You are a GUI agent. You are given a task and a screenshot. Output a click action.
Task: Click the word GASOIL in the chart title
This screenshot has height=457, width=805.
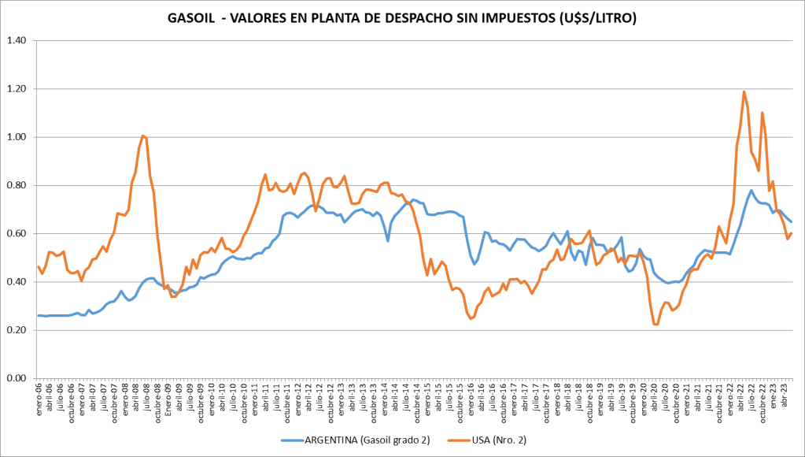click(194, 17)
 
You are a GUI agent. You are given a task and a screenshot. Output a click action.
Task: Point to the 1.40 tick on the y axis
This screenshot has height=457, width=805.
click(17, 40)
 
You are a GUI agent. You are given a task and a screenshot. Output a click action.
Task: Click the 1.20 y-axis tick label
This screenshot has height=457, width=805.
click(17, 89)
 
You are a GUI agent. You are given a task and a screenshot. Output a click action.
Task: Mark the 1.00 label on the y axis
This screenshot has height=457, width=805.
click(17, 137)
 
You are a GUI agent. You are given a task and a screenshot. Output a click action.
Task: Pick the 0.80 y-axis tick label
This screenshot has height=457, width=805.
click(17, 186)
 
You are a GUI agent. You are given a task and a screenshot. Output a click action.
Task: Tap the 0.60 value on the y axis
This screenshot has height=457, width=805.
click(17, 234)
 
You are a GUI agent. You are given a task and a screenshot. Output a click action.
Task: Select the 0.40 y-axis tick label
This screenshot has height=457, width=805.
click(17, 282)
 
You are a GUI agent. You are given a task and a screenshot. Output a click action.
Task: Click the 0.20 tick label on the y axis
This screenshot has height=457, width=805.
click(17, 330)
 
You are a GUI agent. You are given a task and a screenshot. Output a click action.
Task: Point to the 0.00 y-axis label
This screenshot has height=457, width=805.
click(17, 378)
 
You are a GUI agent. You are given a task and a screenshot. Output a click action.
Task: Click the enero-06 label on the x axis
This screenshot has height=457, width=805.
click(39, 398)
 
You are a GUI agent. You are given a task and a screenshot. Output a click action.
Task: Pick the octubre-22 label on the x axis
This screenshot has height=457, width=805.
click(761, 399)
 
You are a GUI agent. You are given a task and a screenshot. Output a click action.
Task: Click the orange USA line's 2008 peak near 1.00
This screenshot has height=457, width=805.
click(142, 136)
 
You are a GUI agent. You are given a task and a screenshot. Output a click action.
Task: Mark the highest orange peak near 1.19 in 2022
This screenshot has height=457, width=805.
click(744, 91)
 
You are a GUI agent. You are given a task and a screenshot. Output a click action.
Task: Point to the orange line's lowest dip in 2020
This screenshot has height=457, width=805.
click(655, 325)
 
